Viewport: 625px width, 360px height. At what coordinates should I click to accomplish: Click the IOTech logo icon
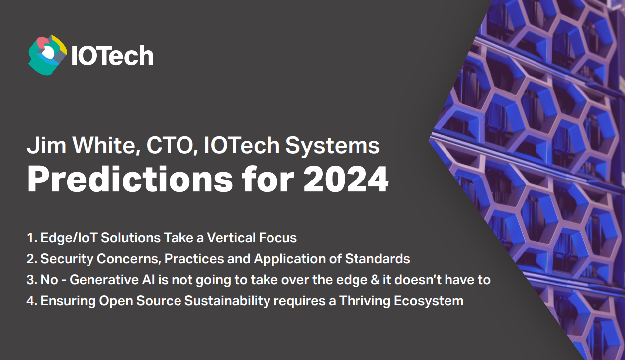(x=47, y=55)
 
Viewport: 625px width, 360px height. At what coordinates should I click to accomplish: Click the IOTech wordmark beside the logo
(x=112, y=56)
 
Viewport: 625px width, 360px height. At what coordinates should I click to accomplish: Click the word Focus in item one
(x=278, y=238)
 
